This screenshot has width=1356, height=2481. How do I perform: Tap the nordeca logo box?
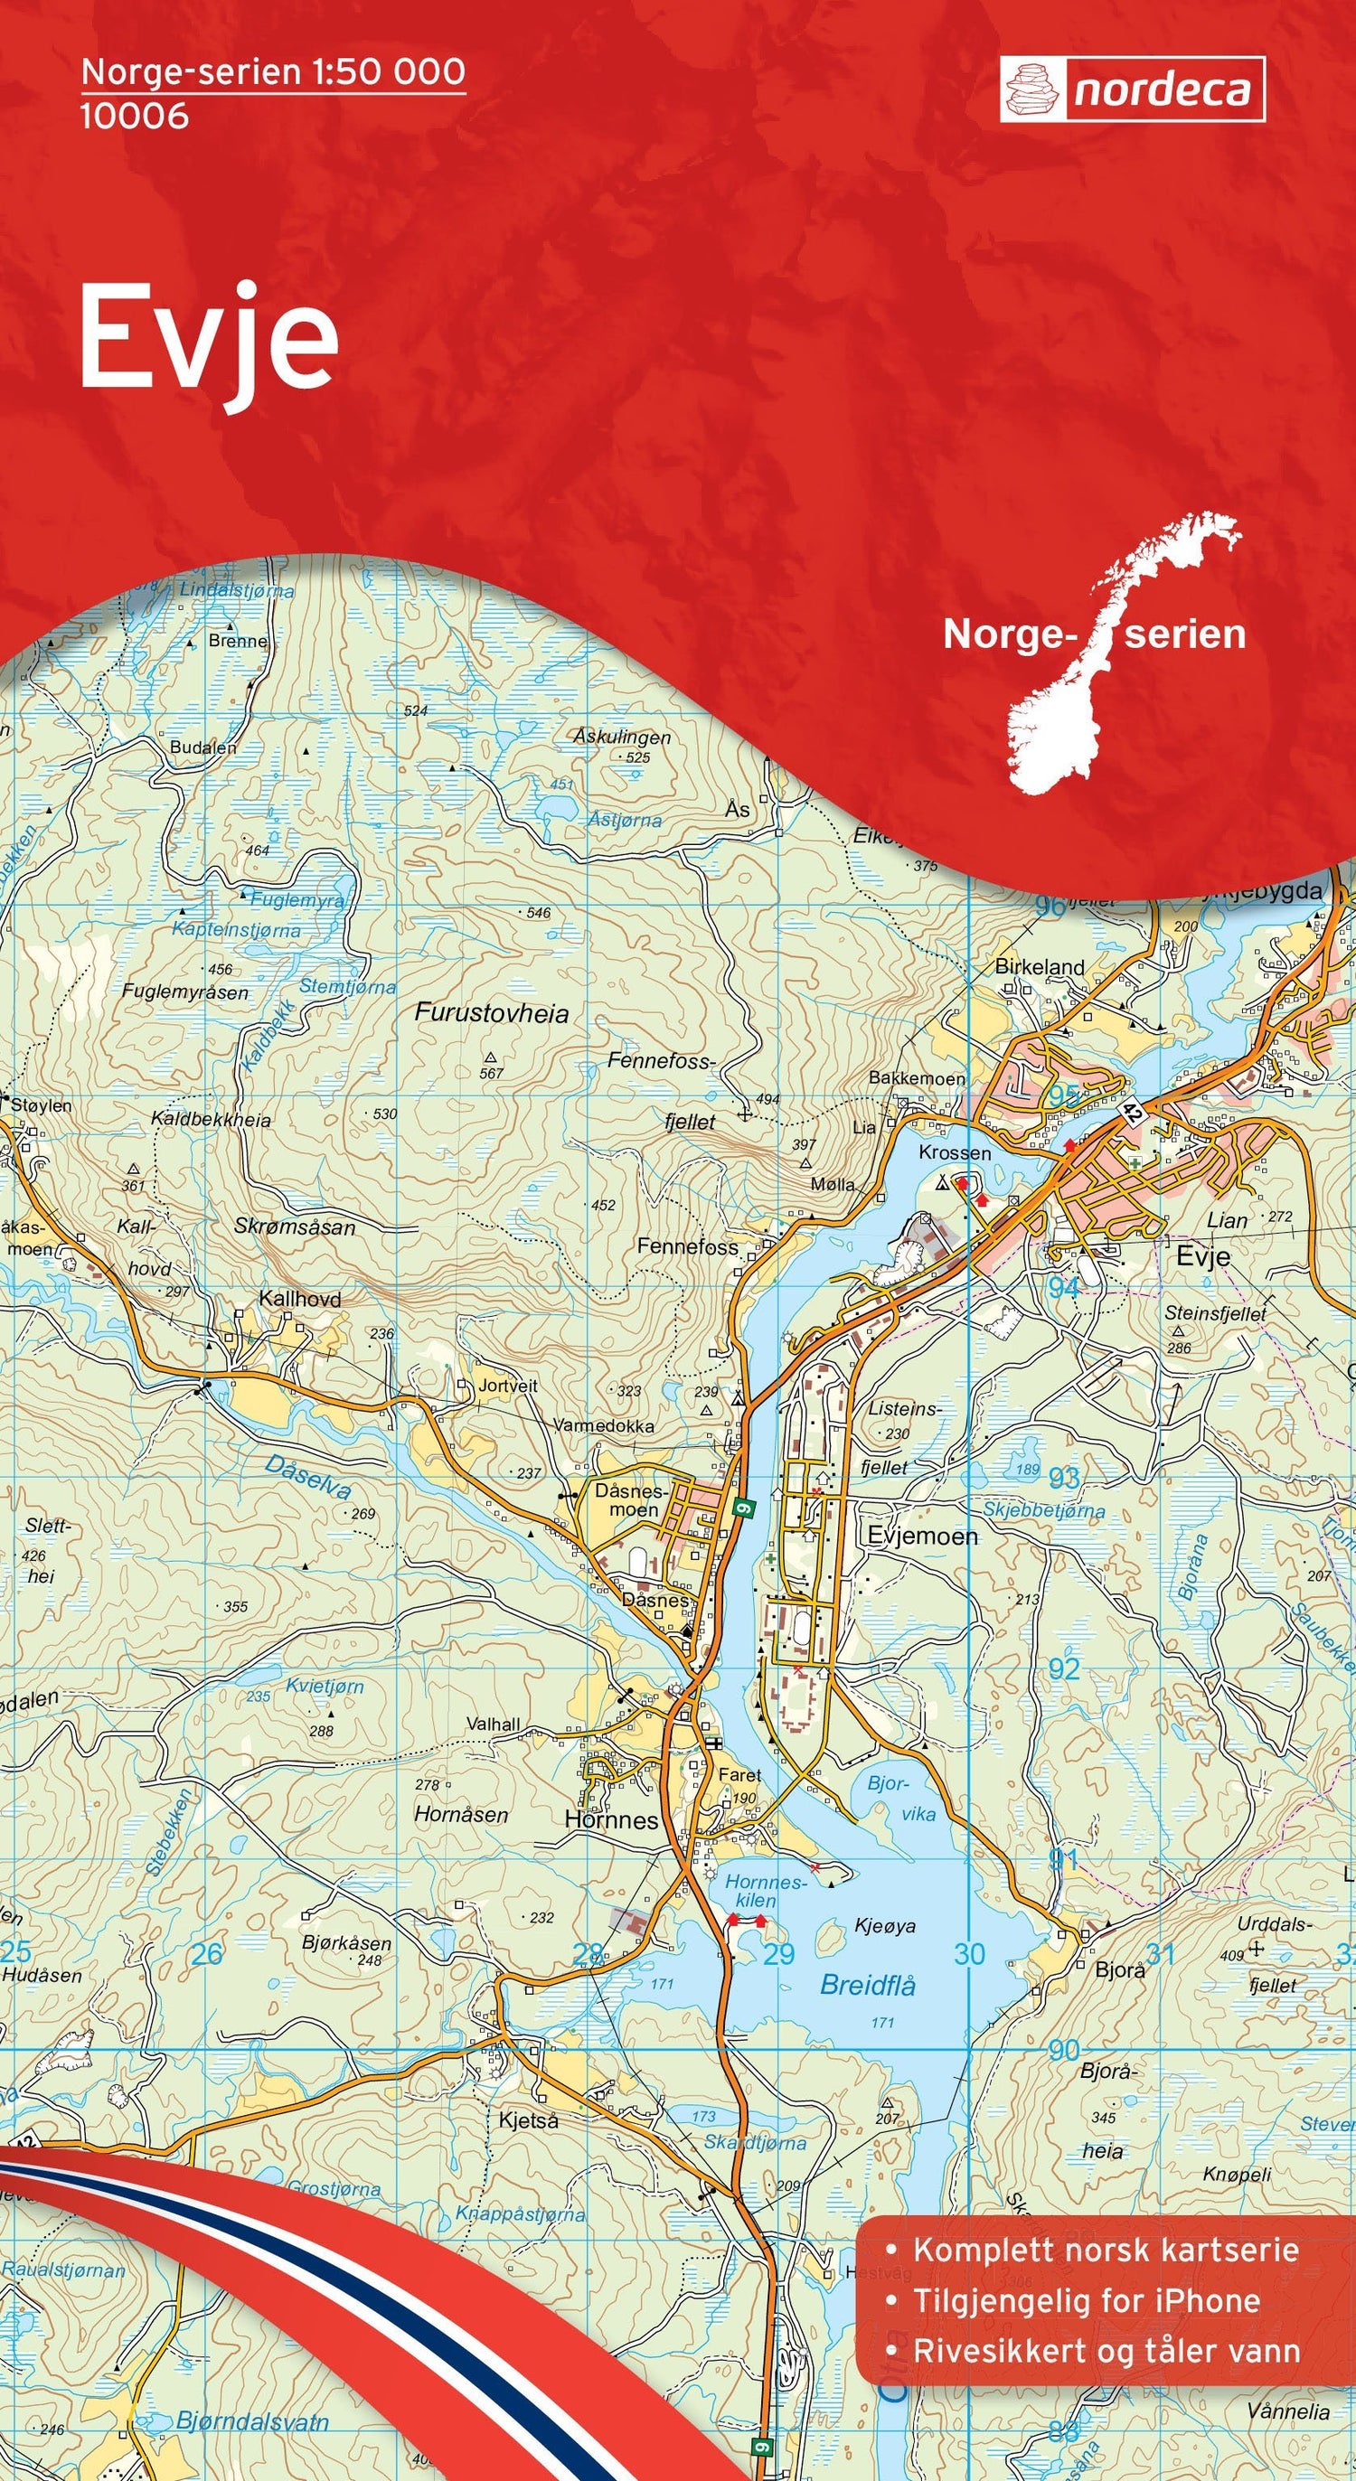coord(1132,89)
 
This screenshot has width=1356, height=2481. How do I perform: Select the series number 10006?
coord(134,117)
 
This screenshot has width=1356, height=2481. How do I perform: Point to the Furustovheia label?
coord(491,1013)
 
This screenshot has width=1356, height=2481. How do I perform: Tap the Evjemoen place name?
coord(922,1537)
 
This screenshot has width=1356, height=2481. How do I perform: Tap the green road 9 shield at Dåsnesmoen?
coord(742,1509)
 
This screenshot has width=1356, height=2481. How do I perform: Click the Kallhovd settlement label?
coord(299,1298)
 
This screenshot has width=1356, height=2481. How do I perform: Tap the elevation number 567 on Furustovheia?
coord(491,1073)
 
